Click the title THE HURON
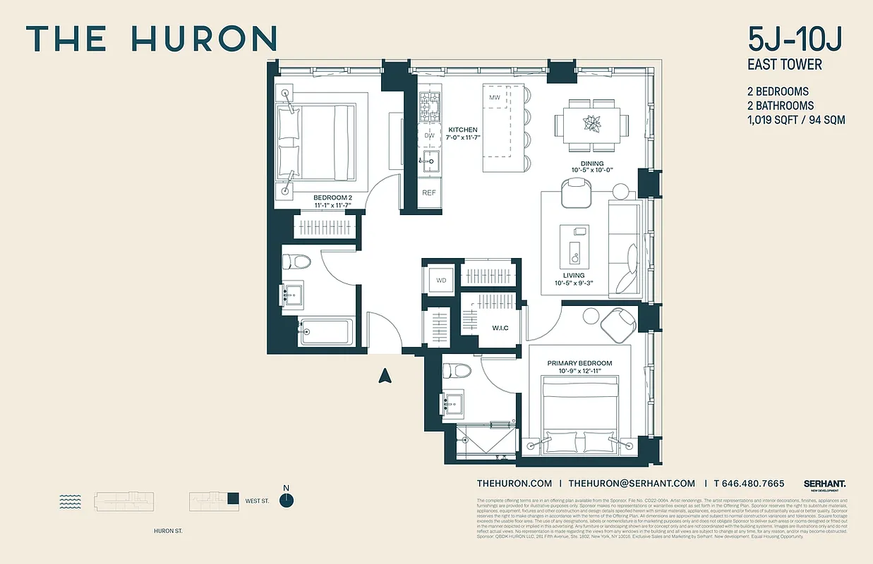[151, 39]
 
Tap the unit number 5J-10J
[795, 39]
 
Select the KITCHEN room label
[463, 130]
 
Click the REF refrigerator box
[429, 192]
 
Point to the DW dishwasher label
[429, 135]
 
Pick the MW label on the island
[495, 97]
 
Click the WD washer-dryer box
[441, 280]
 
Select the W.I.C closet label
[500, 328]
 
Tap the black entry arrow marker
[385, 375]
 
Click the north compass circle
[286, 500]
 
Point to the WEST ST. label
[257, 501]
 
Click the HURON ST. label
[168, 531]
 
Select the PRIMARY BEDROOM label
[580, 363]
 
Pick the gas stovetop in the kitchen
[429, 106]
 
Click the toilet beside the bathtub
[296, 262]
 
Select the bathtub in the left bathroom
[325, 331]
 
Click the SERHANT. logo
[824, 484]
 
